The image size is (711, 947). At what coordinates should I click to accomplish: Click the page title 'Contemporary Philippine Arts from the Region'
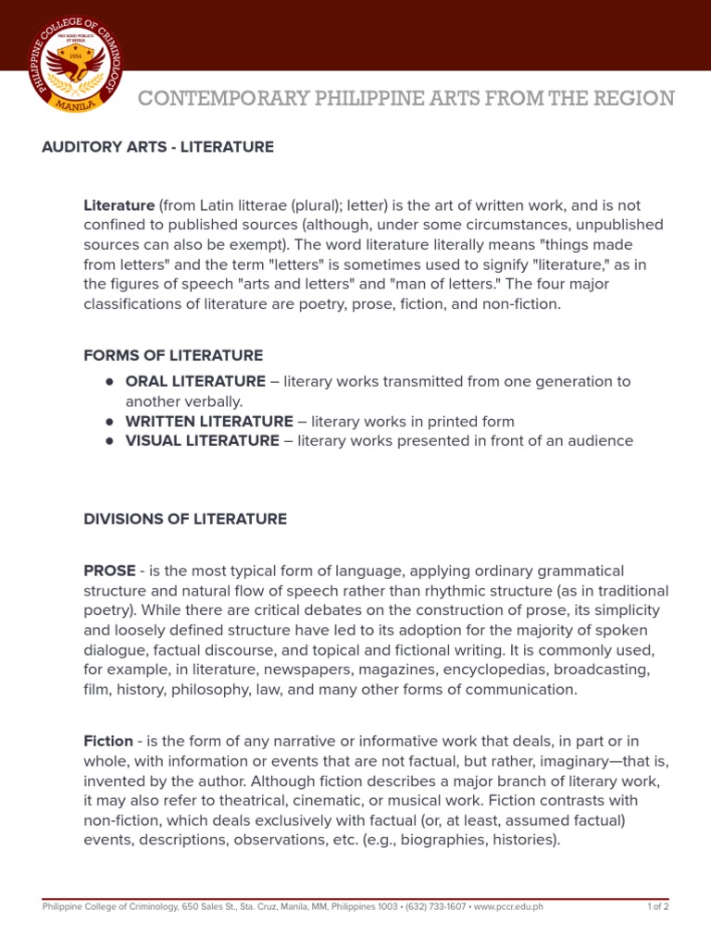[406, 98]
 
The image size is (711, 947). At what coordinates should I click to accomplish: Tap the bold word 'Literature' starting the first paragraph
[118, 204]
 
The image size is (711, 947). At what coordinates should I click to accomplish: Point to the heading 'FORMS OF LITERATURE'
[173, 355]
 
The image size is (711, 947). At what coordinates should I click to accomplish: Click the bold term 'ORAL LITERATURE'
[195, 381]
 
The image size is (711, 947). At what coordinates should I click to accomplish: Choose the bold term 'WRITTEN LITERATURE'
[208, 421]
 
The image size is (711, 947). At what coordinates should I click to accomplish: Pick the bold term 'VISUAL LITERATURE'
[202, 441]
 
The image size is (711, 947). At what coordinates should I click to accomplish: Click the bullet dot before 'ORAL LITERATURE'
[109, 381]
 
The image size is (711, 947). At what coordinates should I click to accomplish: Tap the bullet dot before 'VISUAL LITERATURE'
[109, 441]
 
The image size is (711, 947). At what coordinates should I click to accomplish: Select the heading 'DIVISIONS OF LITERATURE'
[185, 519]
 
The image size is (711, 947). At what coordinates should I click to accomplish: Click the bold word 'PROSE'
[109, 571]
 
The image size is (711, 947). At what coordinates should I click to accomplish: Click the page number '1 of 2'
[657, 907]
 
